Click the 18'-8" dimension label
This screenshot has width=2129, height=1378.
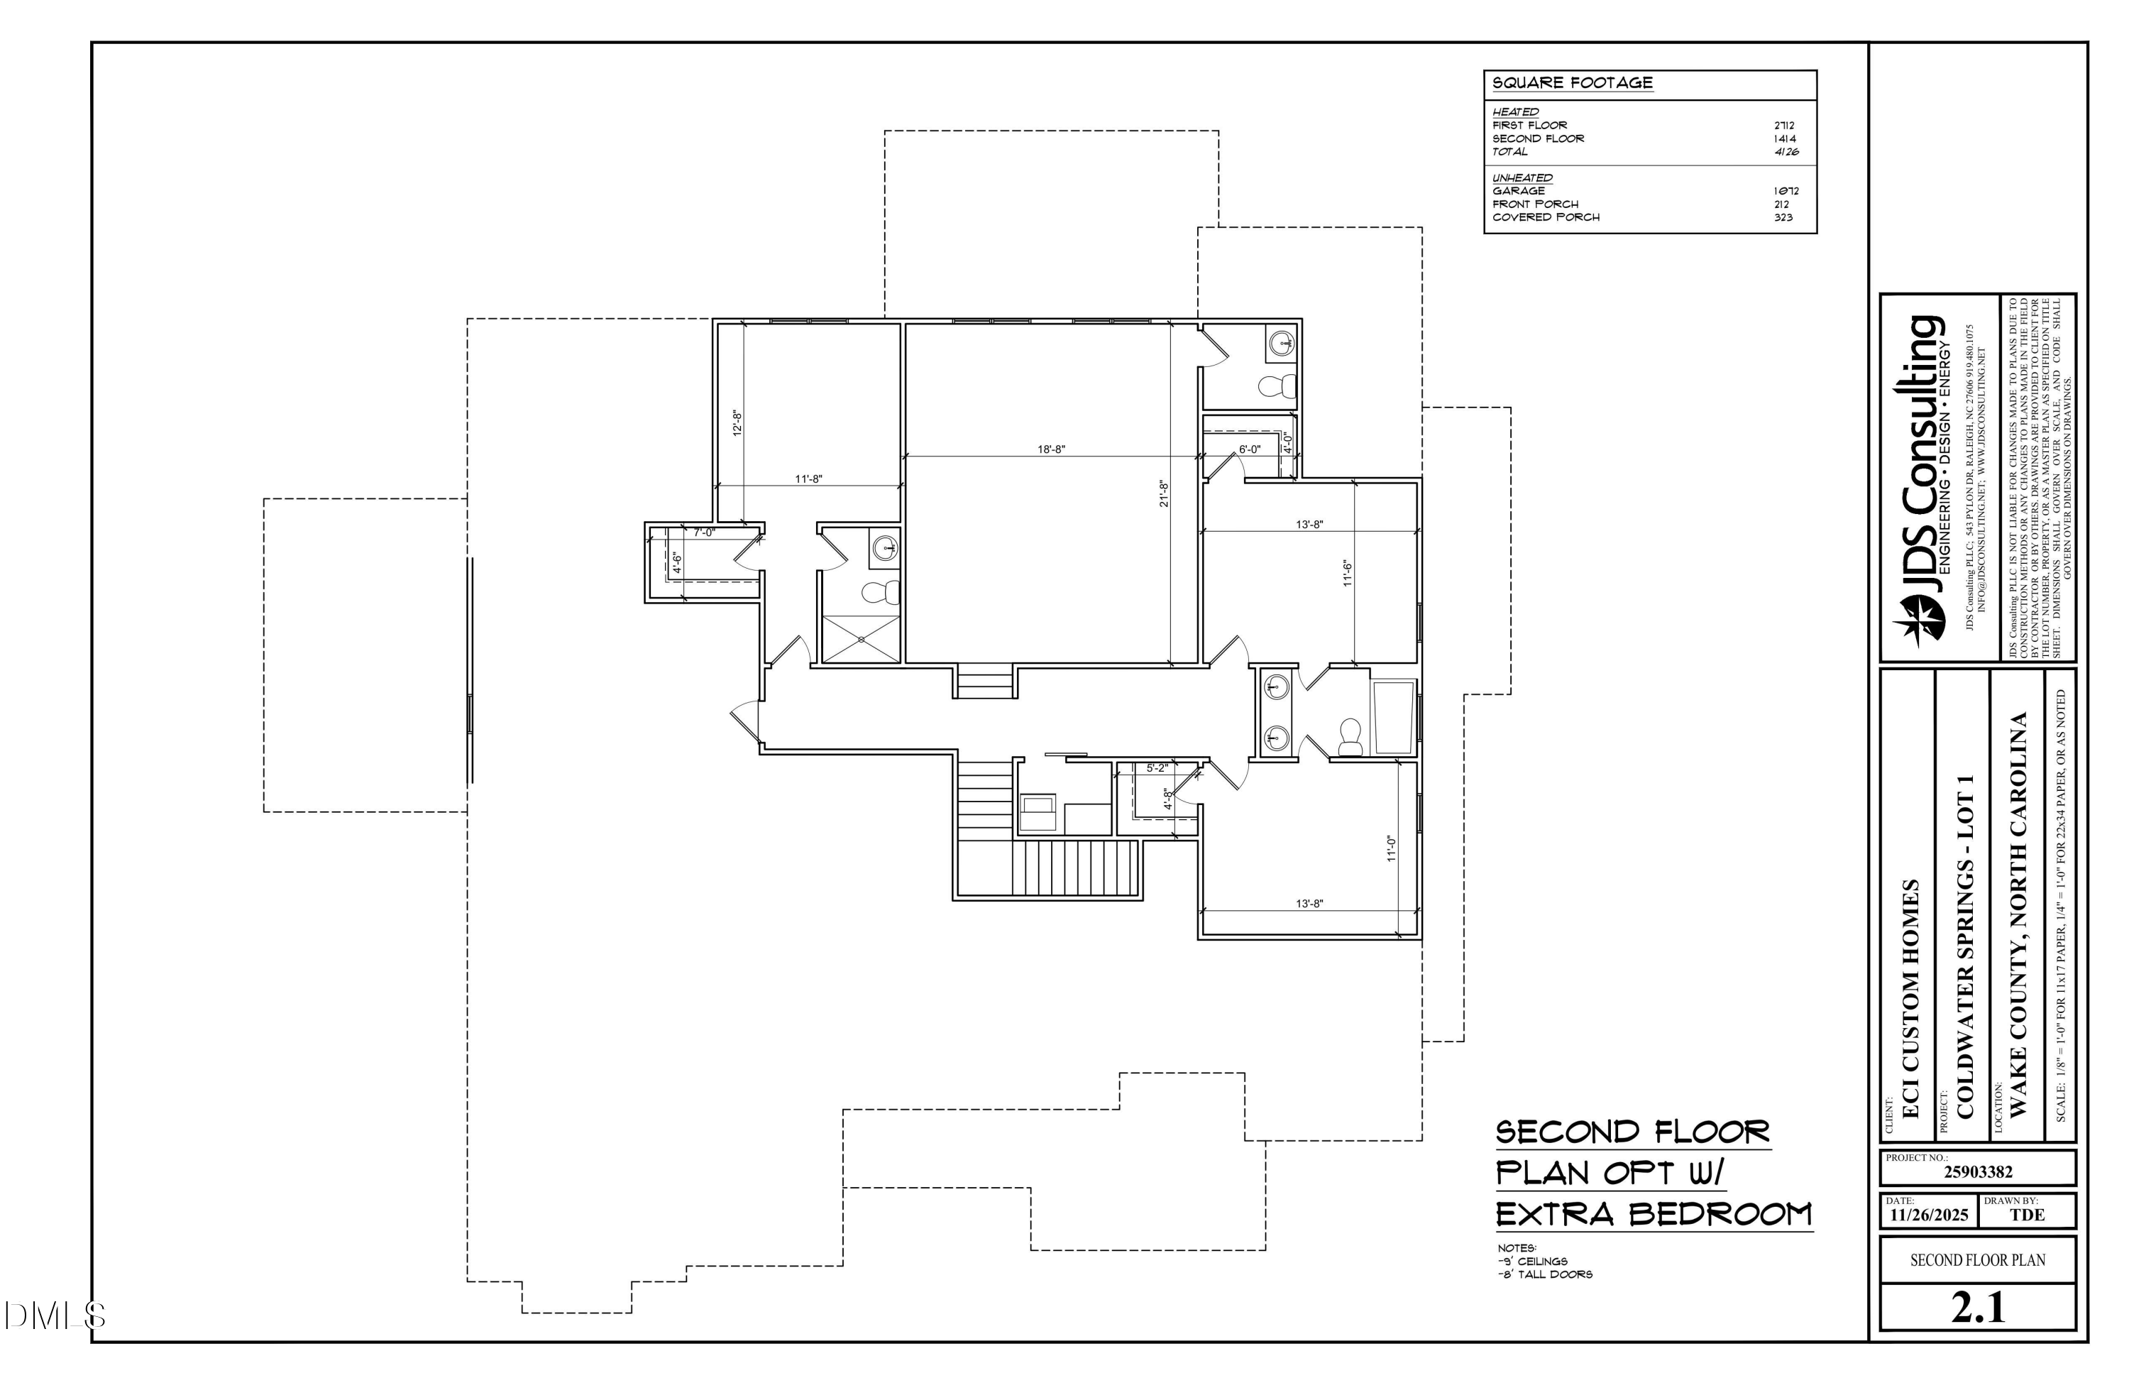(x=1051, y=449)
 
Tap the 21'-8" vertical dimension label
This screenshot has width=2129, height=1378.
(x=1164, y=494)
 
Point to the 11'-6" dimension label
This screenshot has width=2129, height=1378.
(x=1347, y=573)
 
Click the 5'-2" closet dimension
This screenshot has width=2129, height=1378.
(x=1157, y=767)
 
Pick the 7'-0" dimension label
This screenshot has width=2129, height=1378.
(x=705, y=532)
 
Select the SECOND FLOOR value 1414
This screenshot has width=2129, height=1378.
(x=1785, y=138)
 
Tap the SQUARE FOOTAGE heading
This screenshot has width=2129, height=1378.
(x=1572, y=83)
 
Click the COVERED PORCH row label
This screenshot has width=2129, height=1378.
(x=1546, y=217)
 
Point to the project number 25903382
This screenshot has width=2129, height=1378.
(x=1978, y=1172)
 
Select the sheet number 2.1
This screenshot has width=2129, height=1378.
(x=1978, y=1308)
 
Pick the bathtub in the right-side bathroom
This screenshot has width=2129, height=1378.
(x=1393, y=718)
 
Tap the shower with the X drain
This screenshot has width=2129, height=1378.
(x=861, y=639)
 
